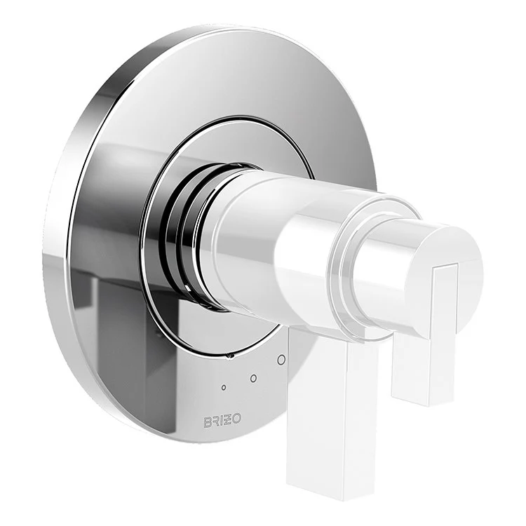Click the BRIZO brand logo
(x=222, y=422)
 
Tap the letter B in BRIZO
(x=208, y=422)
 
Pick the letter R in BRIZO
(x=216, y=422)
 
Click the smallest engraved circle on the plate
(x=224, y=387)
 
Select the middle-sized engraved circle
(x=253, y=379)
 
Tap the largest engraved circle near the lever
(x=281, y=360)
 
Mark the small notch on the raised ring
(x=229, y=356)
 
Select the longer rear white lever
(x=330, y=407)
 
